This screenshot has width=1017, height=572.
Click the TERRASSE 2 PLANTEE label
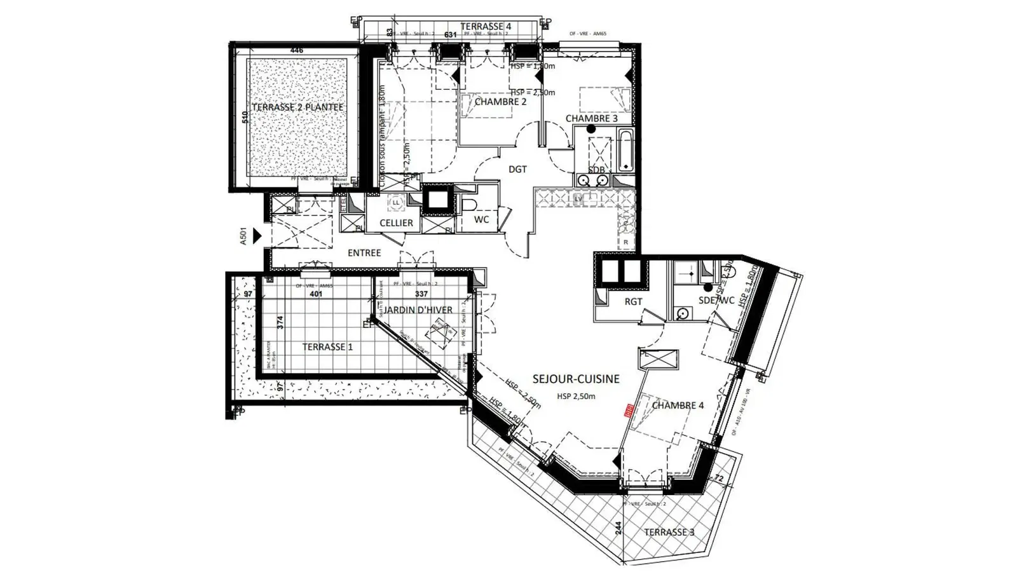pyautogui.click(x=297, y=107)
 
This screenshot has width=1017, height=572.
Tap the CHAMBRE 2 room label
pyautogui.click(x=500, y=102)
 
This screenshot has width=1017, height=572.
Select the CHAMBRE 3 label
pyautogui.click(x=591, y=119)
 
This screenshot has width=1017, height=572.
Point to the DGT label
pyautogui.click(x=517, y=169)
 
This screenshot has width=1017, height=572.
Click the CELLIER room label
pyautogui.click(x=396, y=223)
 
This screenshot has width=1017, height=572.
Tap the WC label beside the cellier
pyautogui.click(x=482, y=220)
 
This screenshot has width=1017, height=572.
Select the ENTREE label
pyautogui.click(x=364, y=253)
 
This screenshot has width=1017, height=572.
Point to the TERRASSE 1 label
pyautogui.click(x=327, y=347)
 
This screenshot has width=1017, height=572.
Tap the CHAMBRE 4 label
pyautogui.click(x=678, y=405)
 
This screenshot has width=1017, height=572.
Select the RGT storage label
pyautogui.click(x=633, y=302)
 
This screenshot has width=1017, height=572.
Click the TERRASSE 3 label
pyautogui.click(x=669, y=532)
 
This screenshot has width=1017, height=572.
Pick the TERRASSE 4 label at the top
pyautogui.click(x=486, y=26)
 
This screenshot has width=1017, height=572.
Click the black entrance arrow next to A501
pyautogui.click(x=257, y=236)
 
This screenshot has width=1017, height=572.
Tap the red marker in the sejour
pyautogui.click(x=629, y=410)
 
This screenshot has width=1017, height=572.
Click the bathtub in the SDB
pyautogui.click(x=625, y=151)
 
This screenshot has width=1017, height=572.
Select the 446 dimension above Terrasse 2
pyautogui.click(x=296, y=50)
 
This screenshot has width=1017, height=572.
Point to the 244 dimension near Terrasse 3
pyautogui.click(x=618, y=529)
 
